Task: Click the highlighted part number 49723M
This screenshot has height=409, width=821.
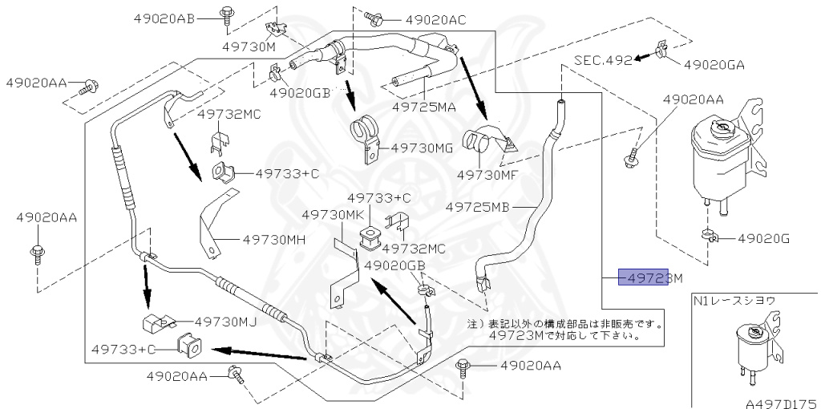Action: tap(649, 279)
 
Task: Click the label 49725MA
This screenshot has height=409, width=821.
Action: tap(425, 106)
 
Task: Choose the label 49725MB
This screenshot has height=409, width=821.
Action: tap(478, 205)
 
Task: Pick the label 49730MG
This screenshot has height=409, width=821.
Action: tap(423, 148)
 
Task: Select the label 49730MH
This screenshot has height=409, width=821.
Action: tap(273, 238)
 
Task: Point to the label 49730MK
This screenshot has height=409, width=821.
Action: tap(333, 215)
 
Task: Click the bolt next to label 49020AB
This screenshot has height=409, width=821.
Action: tap(225, 13)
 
